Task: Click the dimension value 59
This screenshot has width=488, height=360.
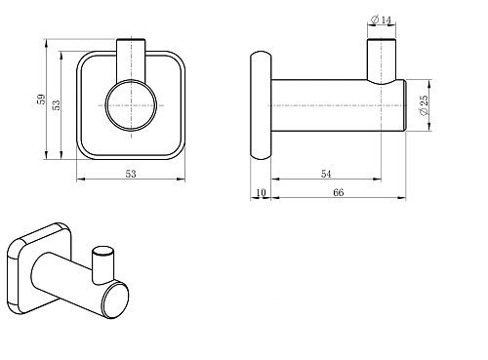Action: coord(41,99)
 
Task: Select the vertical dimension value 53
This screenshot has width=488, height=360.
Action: coord(57,104)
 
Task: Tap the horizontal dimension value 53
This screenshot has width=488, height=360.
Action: coord(131,174)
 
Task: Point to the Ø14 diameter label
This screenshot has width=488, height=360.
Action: coord(381,20)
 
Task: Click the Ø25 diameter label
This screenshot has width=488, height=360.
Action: coord(424,105)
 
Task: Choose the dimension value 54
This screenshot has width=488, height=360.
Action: coord(326,174)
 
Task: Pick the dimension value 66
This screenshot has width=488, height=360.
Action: coord(339,192)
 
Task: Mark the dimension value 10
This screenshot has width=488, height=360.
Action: coord(261,192)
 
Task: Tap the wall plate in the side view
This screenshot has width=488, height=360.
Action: coord(261,105)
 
